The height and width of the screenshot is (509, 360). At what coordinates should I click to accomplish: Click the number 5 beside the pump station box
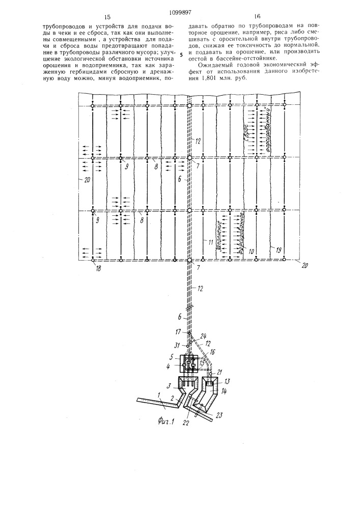[x=172, y=358]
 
